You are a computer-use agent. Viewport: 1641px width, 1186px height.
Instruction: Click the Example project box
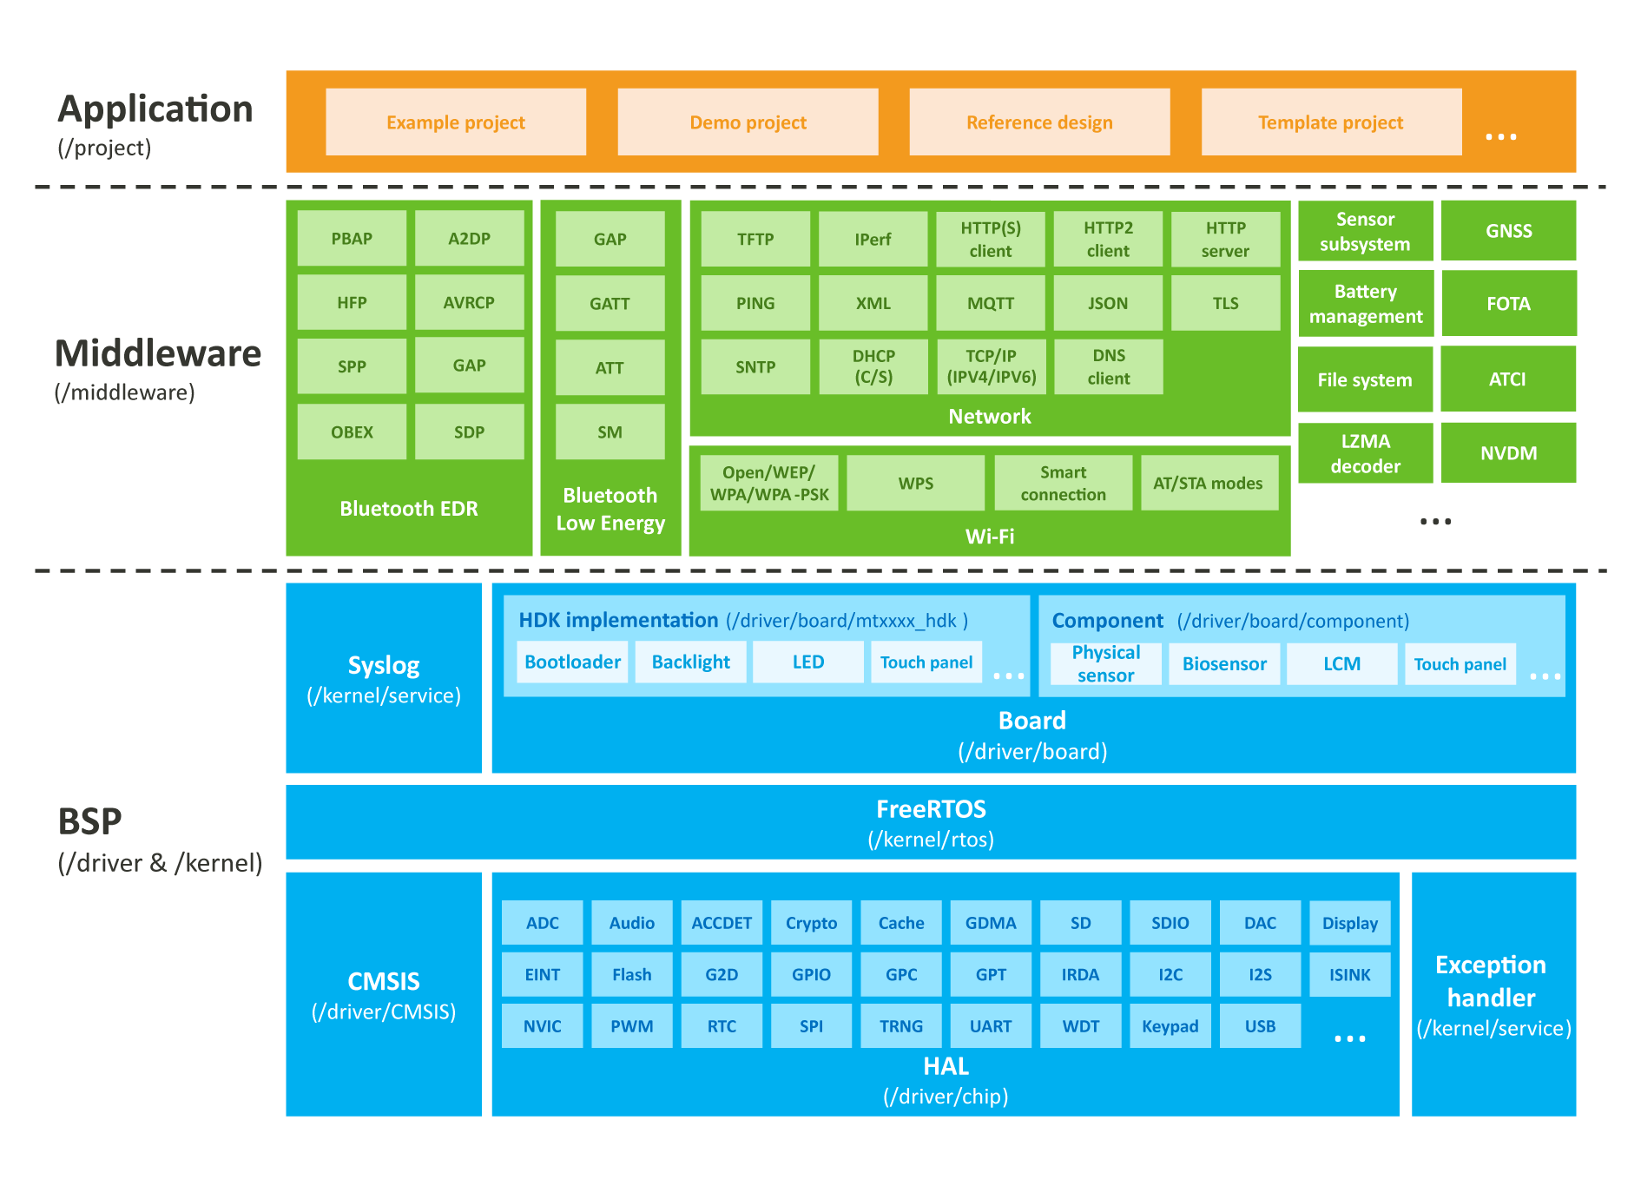pyautogui.click(x=456, y=122)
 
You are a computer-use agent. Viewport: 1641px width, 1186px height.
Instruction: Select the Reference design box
pyautogui.click(x=1039, y=122)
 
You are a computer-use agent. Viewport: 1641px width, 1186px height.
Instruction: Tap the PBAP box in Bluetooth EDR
pyautogui.click(x=352, y=239)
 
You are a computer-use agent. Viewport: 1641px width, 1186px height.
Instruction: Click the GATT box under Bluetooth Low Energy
pyautogui.click(x=610, y=304)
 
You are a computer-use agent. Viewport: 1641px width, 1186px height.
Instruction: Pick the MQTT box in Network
pyautogui.click(x=991, y=304)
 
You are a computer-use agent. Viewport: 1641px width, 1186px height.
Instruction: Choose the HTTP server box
pyautogui.click(x=1225, y=240)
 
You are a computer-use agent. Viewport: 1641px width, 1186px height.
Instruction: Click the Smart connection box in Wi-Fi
pyautogui.click(x=1063, y=484)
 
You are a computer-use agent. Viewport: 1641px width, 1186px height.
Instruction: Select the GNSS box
pyautogui.click(x=1508, y=231)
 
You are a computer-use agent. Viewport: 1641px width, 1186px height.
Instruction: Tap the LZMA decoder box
pyautogui.click(x=1365, y=453)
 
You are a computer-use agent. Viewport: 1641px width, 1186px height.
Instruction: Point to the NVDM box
pyautogui.click(x=1508, y=453)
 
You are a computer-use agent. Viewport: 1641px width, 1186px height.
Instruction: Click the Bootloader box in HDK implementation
pyautogui.click(x=572, y=662)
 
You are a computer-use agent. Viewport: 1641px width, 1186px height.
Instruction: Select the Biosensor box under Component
pyautogui.click(x=1224, y=664)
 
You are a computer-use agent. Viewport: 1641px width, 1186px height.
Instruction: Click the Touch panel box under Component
pyautogui.click(x=1460, y=664)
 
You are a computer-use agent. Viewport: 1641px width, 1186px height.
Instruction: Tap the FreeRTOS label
pyautogui.click(x=931, y=809)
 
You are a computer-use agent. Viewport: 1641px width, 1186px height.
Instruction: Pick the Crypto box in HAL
pyautogui.click(x=811, y=923)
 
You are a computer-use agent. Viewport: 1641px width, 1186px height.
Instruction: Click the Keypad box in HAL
pyautogui.click(x=1170, y=1026)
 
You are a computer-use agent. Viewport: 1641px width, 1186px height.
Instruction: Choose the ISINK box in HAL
pyautogui.click(x=1349, y=975)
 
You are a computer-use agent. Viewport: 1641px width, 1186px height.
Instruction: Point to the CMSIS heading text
pyautogui.click(x=384, y=981)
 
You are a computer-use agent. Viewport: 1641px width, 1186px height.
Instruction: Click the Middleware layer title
pyautogui.click(x=158, y=353)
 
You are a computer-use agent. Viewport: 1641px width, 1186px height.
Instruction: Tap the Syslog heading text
pyautogui.click(x=384, y=666)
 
